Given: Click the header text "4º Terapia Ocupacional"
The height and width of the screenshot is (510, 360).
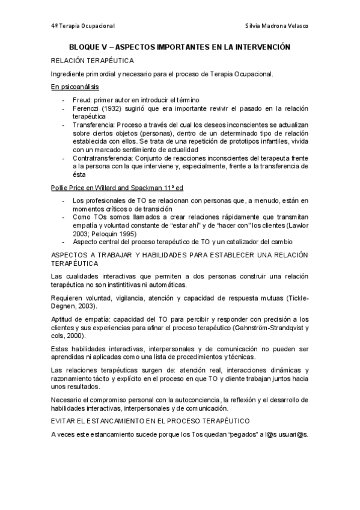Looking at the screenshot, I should pos(83,27).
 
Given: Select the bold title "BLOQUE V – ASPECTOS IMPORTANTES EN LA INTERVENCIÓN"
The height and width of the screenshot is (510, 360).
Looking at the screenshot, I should pos(180,46).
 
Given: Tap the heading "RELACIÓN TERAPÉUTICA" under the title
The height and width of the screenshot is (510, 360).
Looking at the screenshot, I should pos(93,61).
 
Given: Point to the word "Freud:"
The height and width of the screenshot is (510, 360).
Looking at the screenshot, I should pos(83,99).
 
